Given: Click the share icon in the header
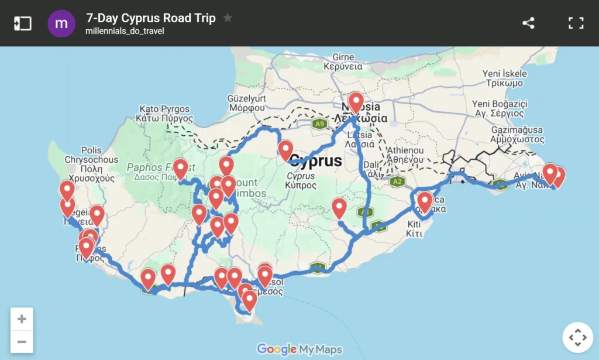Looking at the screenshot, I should coord(528,23).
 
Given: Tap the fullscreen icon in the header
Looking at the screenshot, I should coord(576,23).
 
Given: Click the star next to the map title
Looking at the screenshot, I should coord(228,18).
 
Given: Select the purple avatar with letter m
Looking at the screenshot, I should coord(61,23).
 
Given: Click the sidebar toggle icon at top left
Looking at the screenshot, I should coord(23,23).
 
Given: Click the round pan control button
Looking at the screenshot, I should coord(577,337).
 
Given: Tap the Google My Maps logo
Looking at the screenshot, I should coord(299,349).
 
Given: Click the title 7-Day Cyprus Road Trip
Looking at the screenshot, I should coord(150,18).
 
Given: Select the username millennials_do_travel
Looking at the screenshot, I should coord(125,31).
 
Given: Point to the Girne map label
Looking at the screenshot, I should coord(343,57).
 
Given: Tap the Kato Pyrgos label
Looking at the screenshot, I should coord(164,109).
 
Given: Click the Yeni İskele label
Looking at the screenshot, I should coord(504,74).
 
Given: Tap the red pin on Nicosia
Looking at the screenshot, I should coord(356,103).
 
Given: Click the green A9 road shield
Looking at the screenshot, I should coord(319,124).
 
